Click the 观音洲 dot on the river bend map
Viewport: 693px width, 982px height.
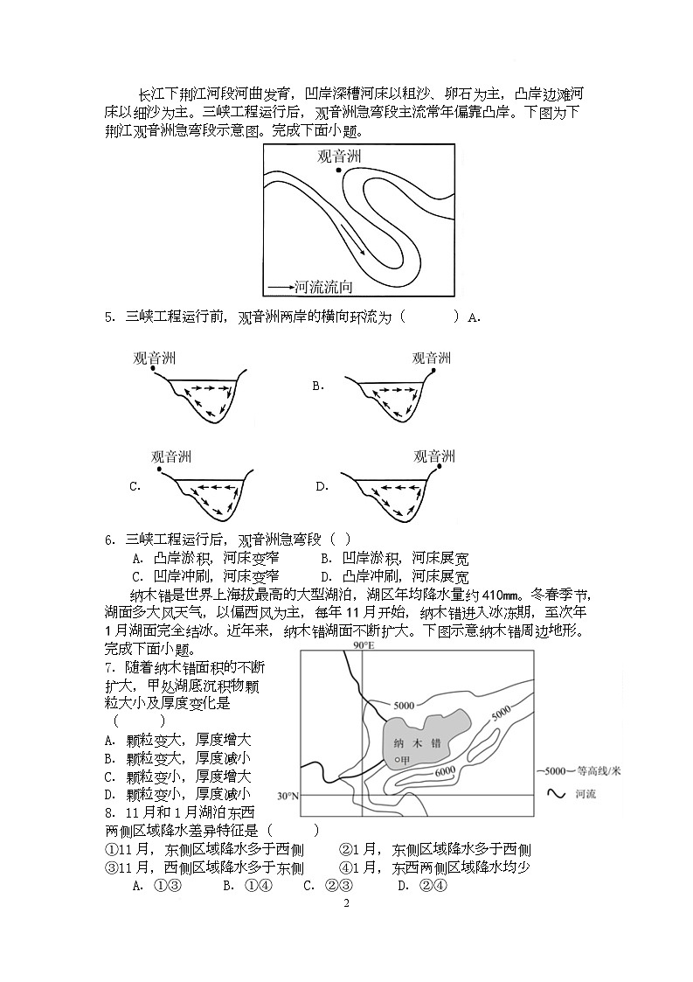coord(338,171)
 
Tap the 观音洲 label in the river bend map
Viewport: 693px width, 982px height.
coord(339,157)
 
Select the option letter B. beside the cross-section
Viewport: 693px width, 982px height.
coord(319,385)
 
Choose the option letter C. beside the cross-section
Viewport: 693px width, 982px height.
coord(135,486)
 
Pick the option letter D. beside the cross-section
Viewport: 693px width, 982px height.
coord(322,486)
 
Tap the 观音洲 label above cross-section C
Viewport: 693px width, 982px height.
coord(171,456)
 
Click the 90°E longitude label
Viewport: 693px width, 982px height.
coord(363,645)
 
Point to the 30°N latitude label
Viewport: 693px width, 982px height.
coord(288,797)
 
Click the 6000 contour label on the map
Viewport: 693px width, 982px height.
coord(444,770)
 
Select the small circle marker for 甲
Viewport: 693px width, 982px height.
coord(397,760)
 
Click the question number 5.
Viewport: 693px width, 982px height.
coord(109,317)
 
